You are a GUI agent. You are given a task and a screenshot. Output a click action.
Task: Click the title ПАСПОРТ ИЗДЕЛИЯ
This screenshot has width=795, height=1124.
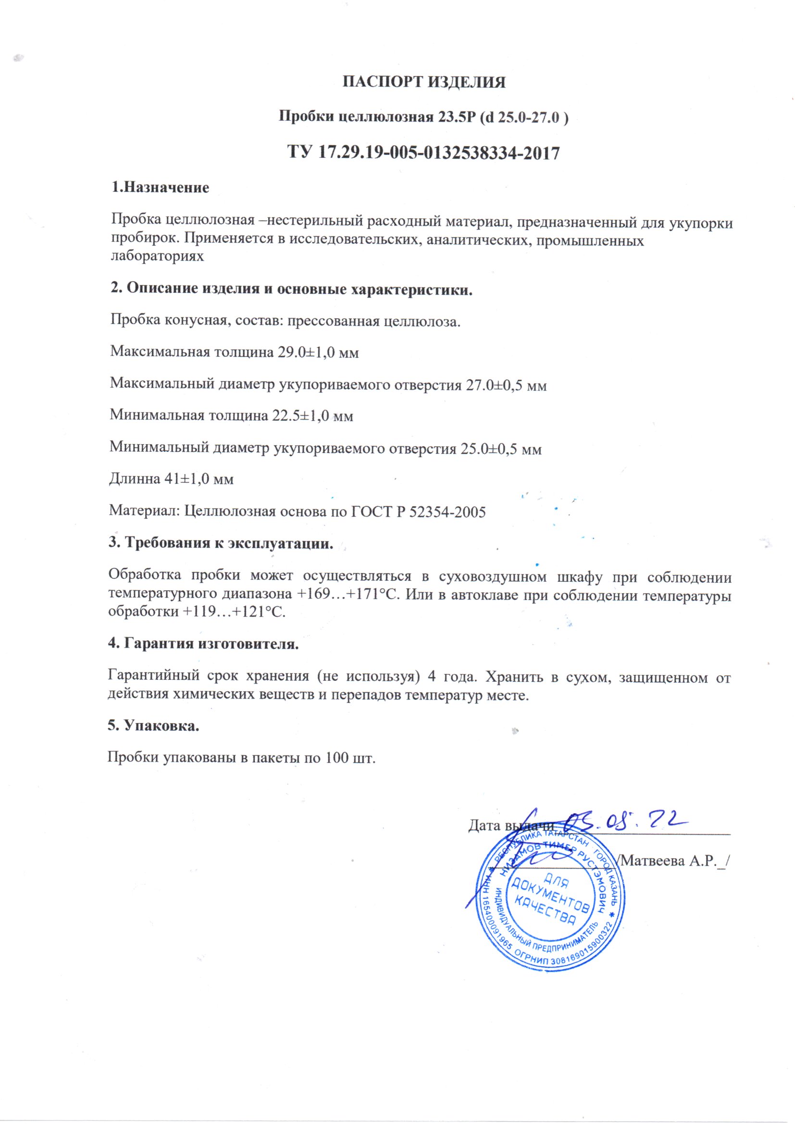point(423,82)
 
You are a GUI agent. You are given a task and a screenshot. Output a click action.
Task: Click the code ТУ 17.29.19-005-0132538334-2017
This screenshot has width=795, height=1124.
point(423,153)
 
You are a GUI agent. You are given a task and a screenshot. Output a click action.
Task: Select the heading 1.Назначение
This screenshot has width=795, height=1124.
point(160,187)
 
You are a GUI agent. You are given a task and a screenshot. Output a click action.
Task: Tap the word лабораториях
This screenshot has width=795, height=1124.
point(157,256)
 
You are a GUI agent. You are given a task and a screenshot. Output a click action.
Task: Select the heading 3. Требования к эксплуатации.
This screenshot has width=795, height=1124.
point(220,543)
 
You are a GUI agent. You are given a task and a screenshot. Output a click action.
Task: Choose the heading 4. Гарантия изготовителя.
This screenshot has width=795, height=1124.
point(203,643)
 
